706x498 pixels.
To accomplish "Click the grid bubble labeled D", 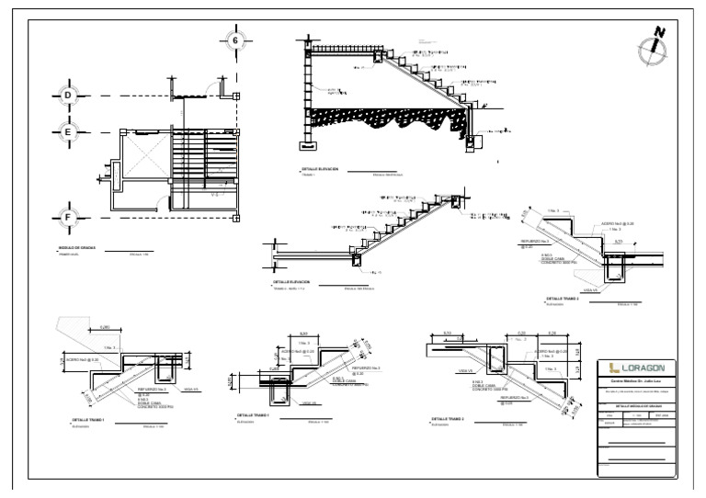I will point(67,96).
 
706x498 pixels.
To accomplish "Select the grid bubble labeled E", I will point(67,132).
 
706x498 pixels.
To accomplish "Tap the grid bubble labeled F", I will point(67,218).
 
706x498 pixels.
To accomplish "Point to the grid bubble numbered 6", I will point(235,40).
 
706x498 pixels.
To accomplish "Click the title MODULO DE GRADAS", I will point(76,248).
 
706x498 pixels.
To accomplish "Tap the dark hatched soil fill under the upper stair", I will point(386,119).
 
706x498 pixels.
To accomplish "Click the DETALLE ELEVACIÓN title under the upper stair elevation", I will point(320,169).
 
